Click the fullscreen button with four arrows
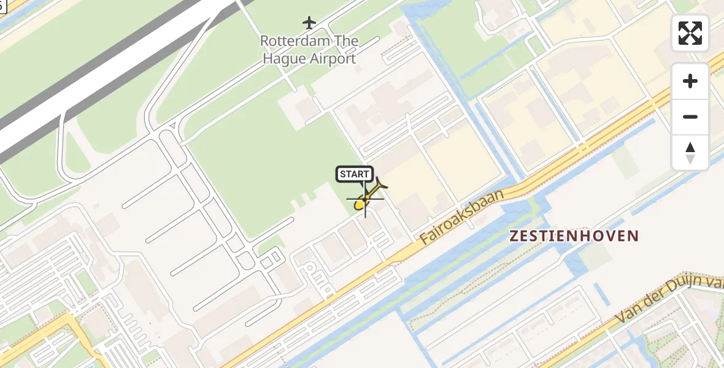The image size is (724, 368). pos(690,33)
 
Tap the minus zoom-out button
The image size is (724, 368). pos(690,117)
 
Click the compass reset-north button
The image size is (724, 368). pos(690,152)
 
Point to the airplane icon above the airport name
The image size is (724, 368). pos(309,23)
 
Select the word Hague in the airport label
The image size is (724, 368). pos(281,59)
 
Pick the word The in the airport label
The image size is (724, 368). pos(345,41)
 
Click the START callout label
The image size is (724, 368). pos(355,174)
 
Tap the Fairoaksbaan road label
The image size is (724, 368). pos(461,217)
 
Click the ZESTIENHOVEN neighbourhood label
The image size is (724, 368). pos(574,236)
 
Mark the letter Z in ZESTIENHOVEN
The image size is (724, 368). pos(514,236)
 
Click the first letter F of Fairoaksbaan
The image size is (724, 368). pos(425,240)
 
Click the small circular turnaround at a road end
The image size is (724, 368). pos(309,267)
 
